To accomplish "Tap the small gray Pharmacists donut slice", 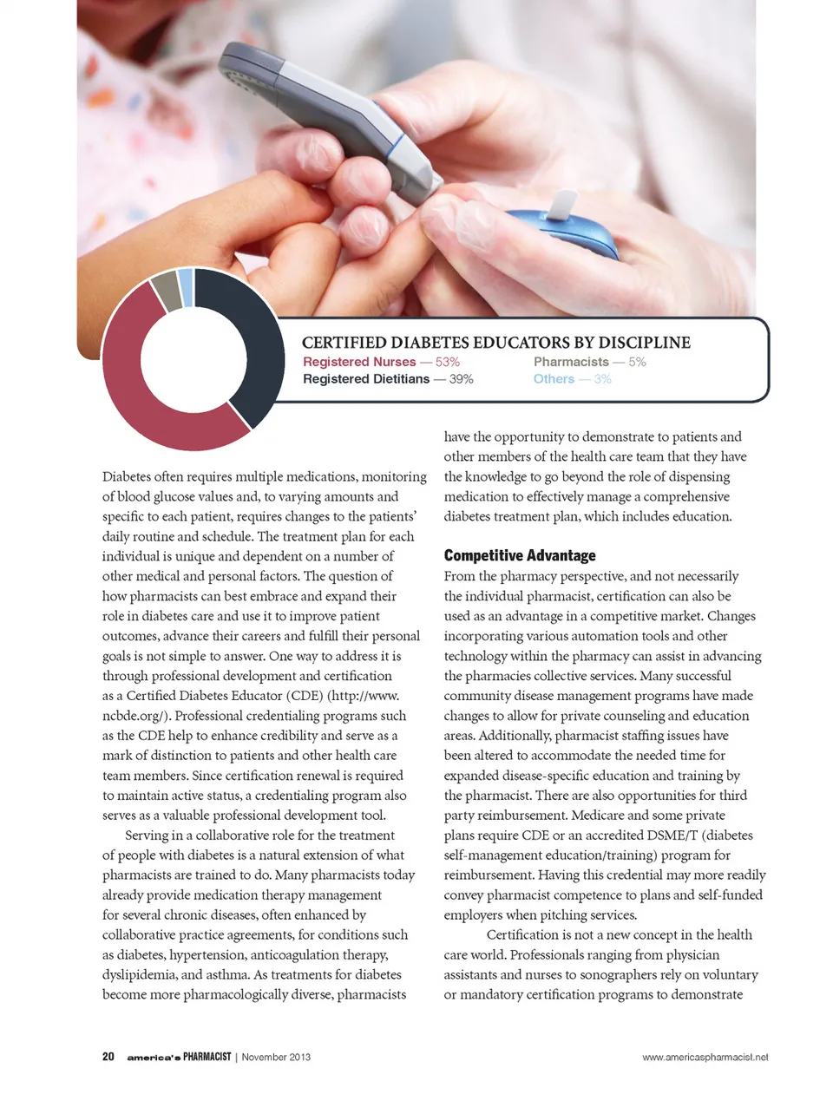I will [x=166, y=291].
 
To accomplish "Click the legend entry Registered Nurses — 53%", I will [x=381, y=362].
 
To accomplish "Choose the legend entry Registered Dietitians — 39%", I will [x=388, y=379].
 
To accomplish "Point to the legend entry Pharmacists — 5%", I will [x=589, y=362].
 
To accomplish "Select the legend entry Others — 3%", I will [x=572, y=379].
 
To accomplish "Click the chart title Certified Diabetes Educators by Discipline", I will [x=495, y=343].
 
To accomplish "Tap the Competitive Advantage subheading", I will [x=520, y=555].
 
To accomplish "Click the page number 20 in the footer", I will [x=108, y=1057].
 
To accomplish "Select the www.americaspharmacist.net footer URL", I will [x=705, y=1058].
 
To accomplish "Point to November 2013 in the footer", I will [x=276, y=1058].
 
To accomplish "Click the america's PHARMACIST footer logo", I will [x=179, y=1057].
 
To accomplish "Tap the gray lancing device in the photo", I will [x=330, y=104].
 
